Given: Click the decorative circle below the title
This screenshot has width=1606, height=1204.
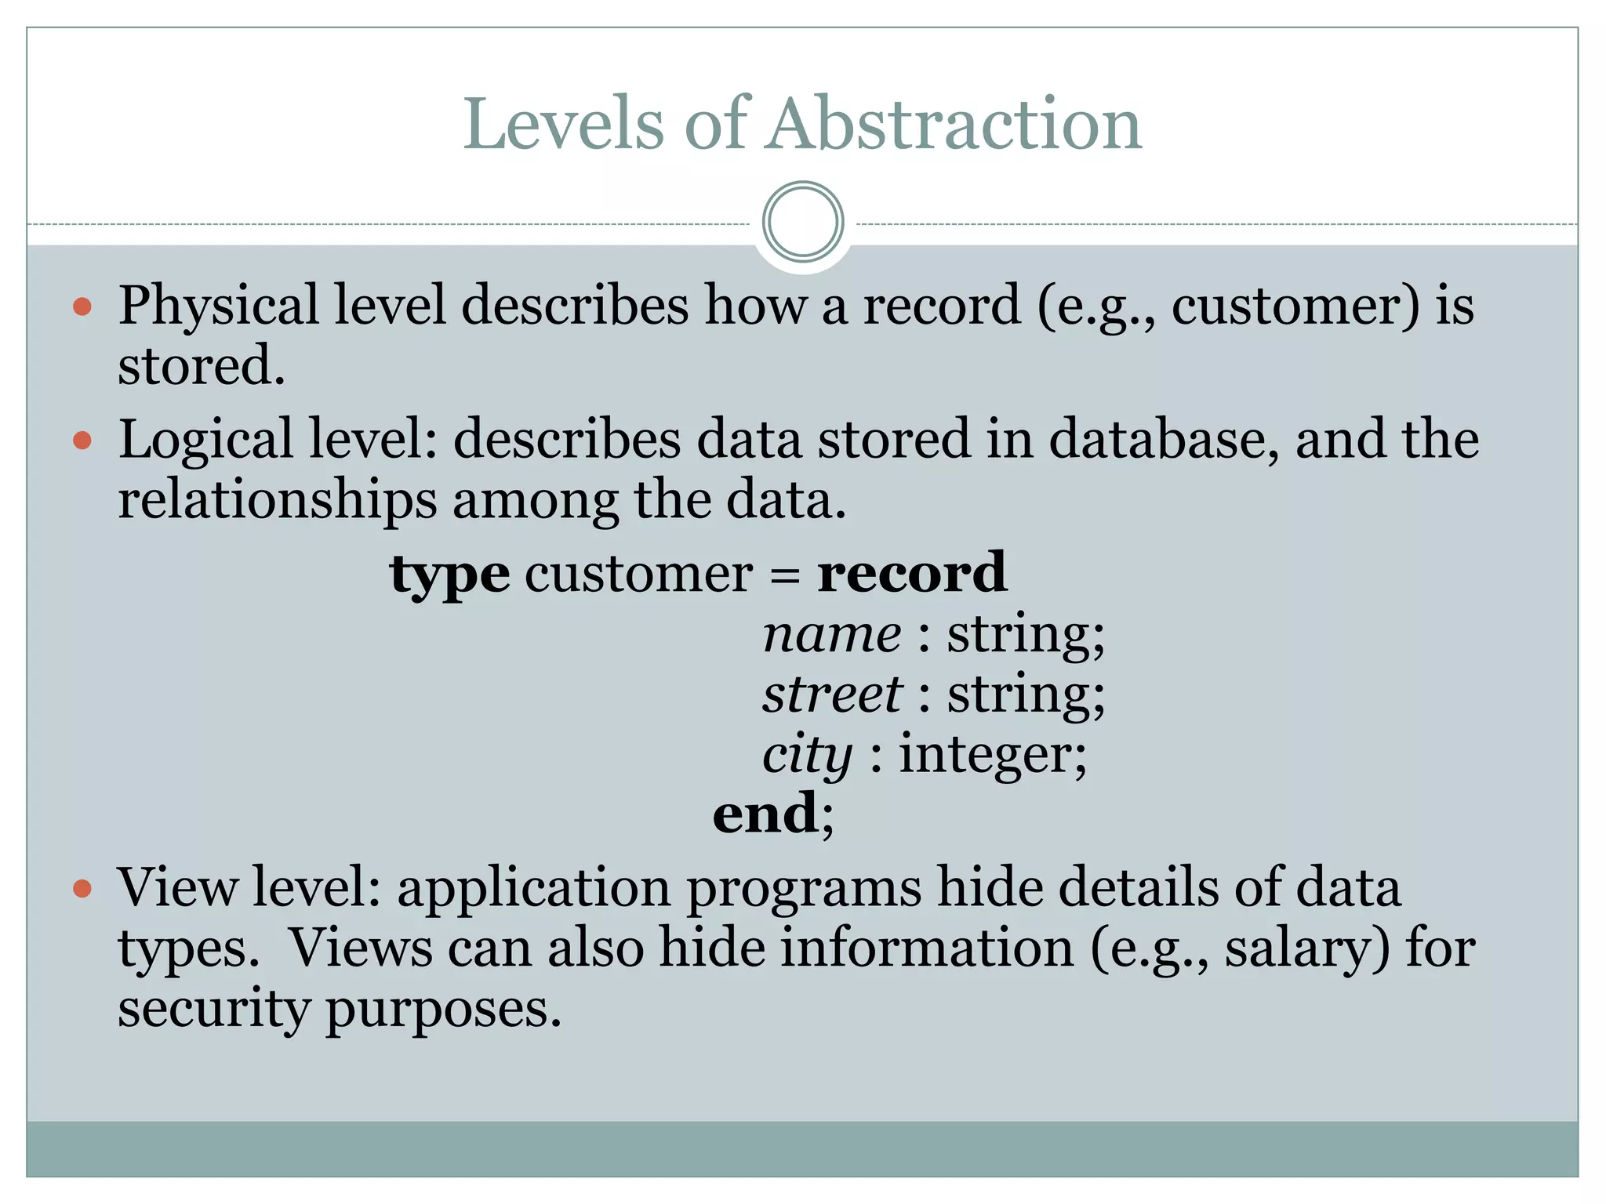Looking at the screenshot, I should tap(803, 222).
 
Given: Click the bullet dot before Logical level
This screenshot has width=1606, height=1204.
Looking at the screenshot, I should tap(82, 441).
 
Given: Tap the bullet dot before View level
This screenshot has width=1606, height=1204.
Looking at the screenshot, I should tap(82, 889).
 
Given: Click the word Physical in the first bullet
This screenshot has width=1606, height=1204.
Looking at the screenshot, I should tap(218, 306).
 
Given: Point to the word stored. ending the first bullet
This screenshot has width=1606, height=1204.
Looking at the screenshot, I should tap(202, 366).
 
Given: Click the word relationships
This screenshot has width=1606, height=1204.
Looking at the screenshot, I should tap(277, 500).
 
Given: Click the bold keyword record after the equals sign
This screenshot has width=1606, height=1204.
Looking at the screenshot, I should tap(912, 573).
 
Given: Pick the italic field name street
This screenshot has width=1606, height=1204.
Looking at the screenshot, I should tap(832, 694).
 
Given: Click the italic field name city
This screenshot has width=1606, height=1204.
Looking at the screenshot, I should tap(807, 756).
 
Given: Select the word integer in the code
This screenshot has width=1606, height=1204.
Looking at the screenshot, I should tap(992, 756).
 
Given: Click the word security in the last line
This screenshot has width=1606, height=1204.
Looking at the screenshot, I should tap(213, 1010).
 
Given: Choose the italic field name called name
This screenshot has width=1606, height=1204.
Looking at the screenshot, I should tap(832, 635).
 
